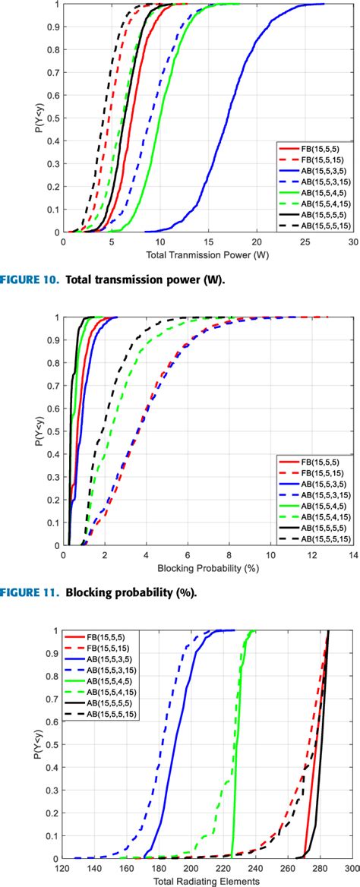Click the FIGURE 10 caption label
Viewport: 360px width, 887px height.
click(x=31, y=259)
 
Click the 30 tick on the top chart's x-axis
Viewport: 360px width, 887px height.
click(x=352, y=221)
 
